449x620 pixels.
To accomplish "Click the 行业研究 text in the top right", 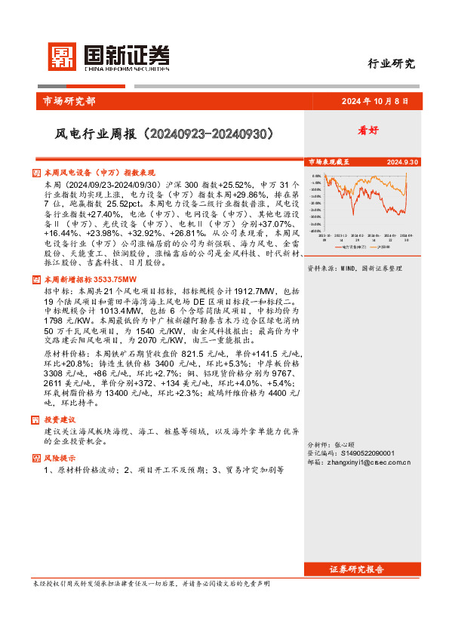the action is click(390, 63).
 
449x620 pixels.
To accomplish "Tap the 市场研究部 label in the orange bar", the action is click(66, 101).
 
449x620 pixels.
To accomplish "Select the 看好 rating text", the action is click(368, 130).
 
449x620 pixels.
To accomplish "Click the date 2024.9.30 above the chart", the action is click(402, 162).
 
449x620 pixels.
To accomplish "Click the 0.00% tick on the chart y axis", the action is click(317, 176).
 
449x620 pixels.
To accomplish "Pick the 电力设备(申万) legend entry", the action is click(353, 246).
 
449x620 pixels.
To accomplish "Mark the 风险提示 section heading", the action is click(60, 458).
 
